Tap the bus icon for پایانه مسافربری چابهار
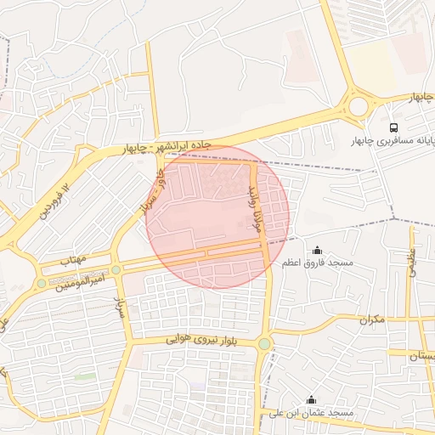tap(393, 125)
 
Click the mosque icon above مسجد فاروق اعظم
tap(318, 250)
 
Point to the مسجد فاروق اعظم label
tap(318, 264)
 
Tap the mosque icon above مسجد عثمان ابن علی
tap(311, 399)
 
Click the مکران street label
tap(371, 320)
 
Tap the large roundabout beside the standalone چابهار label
tap(358, 106)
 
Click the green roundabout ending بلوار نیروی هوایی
tap(265, 344)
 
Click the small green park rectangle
tap(85, 375)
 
